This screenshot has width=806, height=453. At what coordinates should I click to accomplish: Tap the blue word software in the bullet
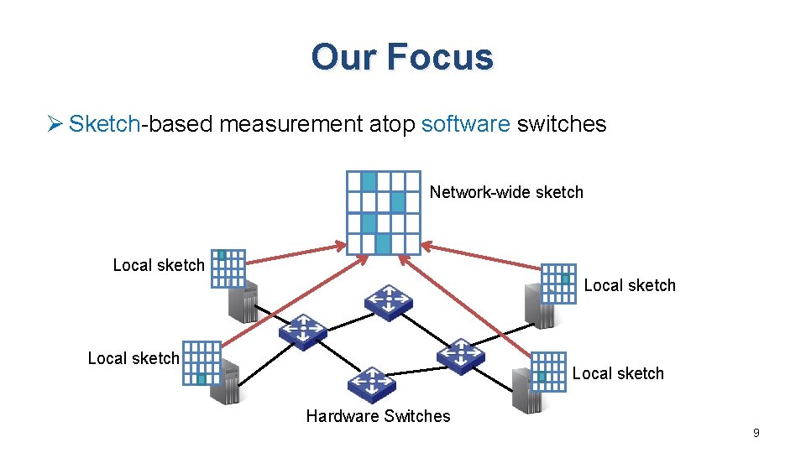click(x=466, y=124)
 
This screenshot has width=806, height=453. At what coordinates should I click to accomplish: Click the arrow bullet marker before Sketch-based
click(x=55, y=124)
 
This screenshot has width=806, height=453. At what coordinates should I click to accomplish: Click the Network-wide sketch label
click(x=506, y=192)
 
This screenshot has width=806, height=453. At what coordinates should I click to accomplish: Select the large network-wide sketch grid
click(x=383, y=212)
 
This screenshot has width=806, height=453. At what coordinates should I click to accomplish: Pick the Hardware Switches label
click(x=378, y=416)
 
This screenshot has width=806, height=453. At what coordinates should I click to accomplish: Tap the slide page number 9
click(x=756, y=433)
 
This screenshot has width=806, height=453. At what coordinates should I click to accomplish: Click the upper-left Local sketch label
click(x=159, y=265)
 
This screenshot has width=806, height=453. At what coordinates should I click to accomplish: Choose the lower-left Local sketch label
click(x=133, y=358)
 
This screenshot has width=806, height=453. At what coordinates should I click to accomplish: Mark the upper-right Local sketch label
click(x=630, y=285)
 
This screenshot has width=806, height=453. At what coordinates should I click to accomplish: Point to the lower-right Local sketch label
click(x=618, y=373)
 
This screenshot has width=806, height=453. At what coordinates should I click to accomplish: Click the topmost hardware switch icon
click(x=389, y=301)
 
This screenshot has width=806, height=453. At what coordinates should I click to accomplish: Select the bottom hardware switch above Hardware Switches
click(x=372, y=385)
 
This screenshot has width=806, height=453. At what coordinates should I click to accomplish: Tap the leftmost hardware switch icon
click(x=302, y=332)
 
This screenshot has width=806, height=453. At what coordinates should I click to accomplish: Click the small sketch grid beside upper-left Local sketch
click(x=228, y=268)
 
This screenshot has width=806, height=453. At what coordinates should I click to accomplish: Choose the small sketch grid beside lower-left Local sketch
click(x=202, y=362)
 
